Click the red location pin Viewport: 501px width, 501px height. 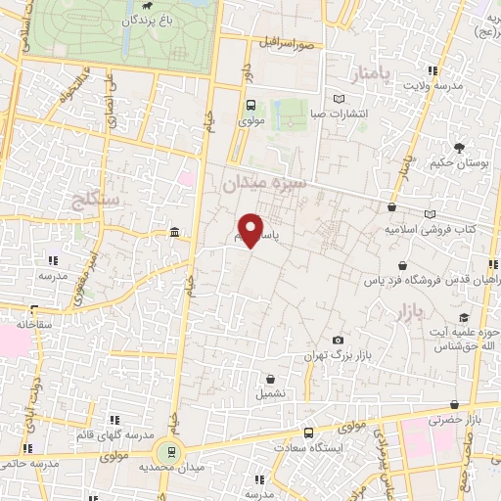(252, 229)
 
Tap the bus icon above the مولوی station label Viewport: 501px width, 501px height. (250, 106)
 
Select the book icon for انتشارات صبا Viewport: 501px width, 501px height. (340, 99)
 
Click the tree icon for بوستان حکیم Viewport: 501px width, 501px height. (458, 148)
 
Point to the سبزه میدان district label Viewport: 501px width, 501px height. (264, 182)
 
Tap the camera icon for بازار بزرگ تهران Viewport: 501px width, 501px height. (338, 339)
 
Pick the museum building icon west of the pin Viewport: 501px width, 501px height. (174, 232)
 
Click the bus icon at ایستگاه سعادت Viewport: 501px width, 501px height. (309, 432)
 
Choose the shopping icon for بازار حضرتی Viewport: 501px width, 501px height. (453, 405)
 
